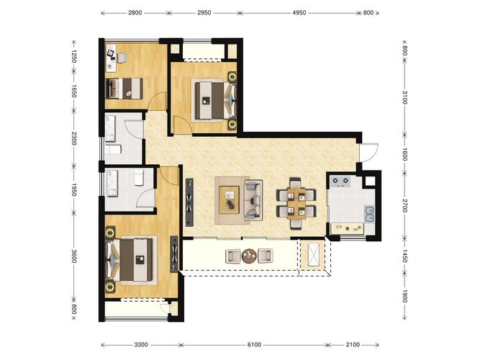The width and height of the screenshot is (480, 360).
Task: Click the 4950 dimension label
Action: (299, 13)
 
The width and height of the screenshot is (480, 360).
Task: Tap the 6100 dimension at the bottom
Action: (254, 345)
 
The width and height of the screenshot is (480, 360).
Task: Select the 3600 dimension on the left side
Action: (74, 256)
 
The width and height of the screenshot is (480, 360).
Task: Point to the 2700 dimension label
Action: (404, 206)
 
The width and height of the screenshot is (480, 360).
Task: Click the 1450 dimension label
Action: (404, 256)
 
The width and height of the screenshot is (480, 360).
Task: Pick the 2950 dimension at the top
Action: (204, 13)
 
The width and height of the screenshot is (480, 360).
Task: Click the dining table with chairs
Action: (296, 204)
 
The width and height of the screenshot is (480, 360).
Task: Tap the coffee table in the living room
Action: (229, 199)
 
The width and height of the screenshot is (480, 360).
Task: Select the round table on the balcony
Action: (249, 256)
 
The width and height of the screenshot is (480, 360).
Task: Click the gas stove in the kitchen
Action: (340, 182)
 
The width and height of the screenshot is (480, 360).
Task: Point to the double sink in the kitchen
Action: (369, 214)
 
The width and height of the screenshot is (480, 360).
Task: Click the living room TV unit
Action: (189, 202)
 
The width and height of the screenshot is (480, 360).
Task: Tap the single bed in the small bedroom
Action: (124, 89)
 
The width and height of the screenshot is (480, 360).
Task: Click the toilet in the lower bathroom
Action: (139, 177)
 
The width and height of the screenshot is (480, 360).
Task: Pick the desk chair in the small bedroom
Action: (122, 58)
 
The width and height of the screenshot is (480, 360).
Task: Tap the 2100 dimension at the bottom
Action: (353, 345)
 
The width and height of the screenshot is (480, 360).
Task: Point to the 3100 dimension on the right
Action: (404, 97)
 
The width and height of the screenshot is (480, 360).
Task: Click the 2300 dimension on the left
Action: (74, 138)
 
